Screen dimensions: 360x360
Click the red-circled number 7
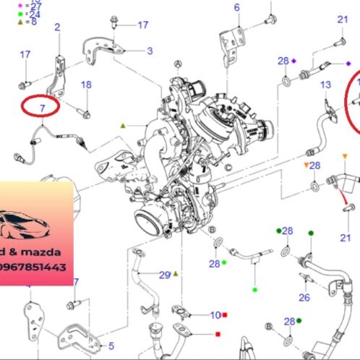42,108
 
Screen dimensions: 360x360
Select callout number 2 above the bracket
57,27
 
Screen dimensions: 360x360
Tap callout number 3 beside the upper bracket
150,51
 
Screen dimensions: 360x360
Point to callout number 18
86,85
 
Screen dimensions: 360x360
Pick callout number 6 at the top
236,8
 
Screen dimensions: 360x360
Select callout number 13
326,85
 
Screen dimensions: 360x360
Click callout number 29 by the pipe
165,275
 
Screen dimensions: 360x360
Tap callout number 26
304,297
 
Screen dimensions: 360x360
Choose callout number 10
215,315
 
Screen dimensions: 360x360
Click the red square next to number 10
226,315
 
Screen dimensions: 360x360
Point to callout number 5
111,346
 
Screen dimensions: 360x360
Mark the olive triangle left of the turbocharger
123,126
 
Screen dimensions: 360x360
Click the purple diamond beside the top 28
295,61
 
